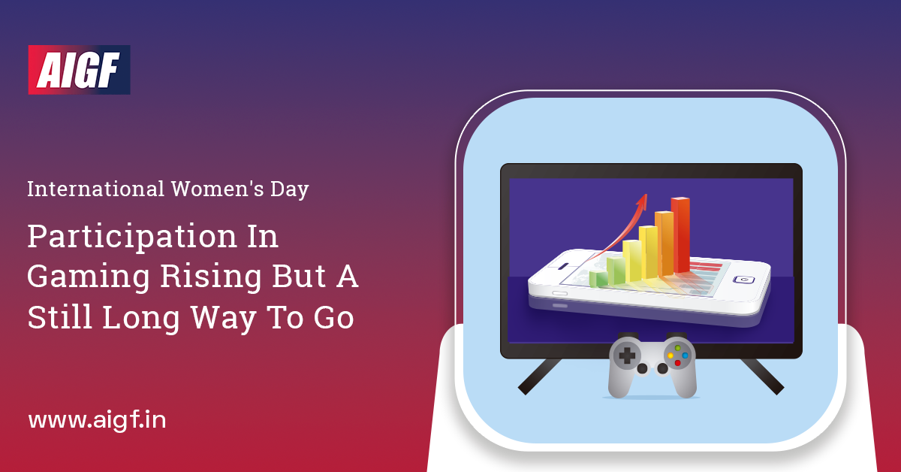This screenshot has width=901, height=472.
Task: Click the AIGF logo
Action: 79,70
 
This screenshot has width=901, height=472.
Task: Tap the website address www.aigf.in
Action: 97,420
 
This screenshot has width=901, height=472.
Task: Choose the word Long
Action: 137,319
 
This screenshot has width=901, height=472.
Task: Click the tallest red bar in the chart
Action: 681,234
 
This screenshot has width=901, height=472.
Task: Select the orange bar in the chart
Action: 664,244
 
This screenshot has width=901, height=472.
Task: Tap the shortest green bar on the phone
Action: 598,279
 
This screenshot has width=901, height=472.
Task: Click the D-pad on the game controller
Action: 626,355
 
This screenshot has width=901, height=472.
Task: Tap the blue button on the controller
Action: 685,355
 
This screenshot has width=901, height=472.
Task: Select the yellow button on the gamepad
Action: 670,356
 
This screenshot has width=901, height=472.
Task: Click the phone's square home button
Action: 743,280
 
